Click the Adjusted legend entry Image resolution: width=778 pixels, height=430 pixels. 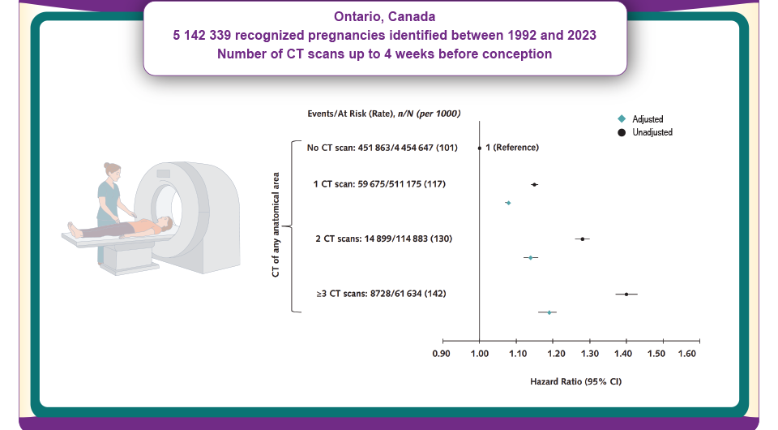click(647, 119)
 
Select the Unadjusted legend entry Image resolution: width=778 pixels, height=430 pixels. click(652, 132)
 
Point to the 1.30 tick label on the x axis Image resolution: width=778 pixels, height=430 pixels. click(589, 354)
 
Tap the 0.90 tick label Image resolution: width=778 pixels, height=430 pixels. click(441, 354)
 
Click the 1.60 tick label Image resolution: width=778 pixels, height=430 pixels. click(687, 354)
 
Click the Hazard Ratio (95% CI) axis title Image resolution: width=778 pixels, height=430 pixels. click(575, 381)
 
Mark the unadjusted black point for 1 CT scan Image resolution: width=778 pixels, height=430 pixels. click(534, 184)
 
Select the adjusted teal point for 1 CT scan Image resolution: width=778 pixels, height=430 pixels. click(508, 203)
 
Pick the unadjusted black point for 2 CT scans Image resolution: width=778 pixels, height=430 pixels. click(582, 239)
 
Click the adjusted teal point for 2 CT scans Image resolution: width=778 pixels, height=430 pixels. click(530, 257)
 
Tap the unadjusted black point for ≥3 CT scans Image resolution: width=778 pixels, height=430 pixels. click(626, 294)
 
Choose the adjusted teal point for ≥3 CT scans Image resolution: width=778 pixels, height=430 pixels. click(549, 312)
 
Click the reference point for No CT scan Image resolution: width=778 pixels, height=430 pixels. click(480, 148)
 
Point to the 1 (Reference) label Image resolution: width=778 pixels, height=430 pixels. click(512, 148)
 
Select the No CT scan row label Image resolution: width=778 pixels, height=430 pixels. click(379, 148)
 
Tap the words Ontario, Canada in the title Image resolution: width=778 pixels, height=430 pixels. click(385, 16)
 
